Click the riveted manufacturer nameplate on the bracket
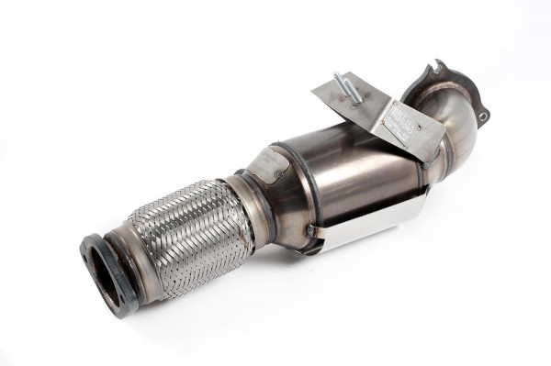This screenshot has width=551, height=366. pos(400,120)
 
